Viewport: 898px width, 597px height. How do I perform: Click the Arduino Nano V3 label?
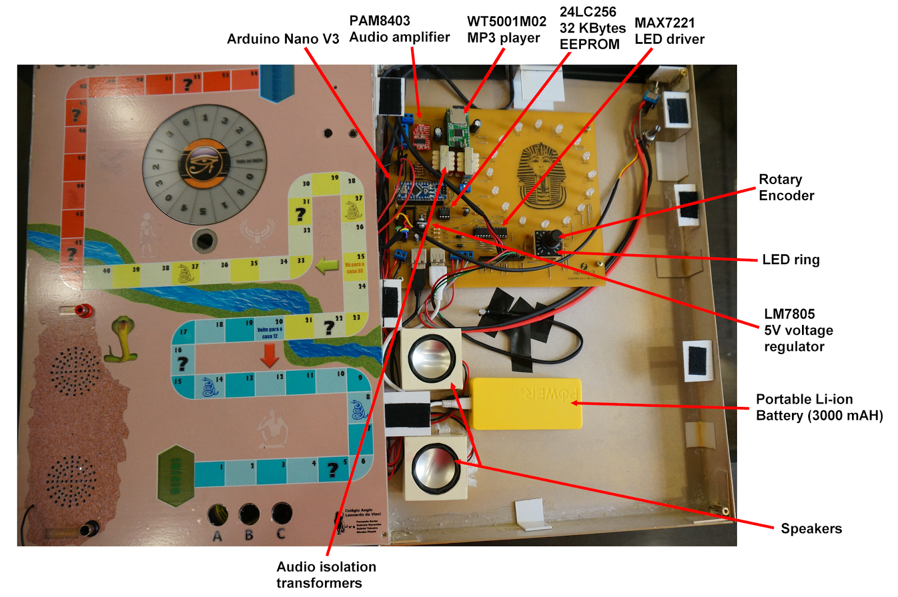click(x=283, y=39)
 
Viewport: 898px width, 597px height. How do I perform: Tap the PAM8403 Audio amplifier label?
click(x=399, y=29)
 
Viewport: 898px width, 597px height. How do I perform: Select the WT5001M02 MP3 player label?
click(x=506, y=30)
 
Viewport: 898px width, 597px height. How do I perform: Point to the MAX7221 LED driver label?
click(x=669, y=31)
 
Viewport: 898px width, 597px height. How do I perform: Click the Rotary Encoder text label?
click(x=786, y=187)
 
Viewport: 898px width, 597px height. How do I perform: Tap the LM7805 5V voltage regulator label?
click(x=798, y=330)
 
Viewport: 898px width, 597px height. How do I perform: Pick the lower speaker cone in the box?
click(x=436, y=467)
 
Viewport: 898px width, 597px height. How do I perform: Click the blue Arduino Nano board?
click(x=419, y=192)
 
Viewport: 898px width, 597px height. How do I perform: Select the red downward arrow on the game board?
click(x=270, y=355)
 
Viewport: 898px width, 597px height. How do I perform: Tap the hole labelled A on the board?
click(x=218, y=514)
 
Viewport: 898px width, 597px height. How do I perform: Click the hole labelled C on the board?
click(x=281, y=513)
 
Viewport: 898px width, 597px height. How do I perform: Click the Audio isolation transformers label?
click(x=326, y=574)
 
